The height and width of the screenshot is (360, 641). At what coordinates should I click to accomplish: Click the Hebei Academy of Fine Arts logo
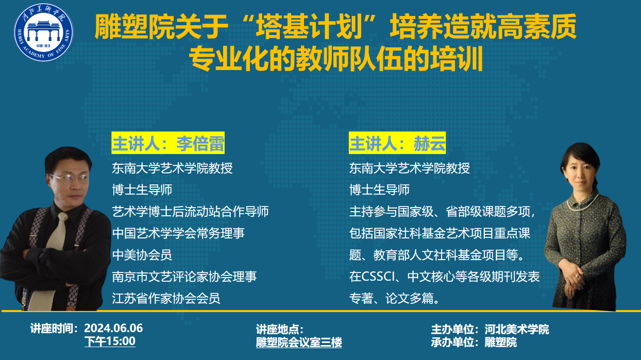click(x=43, y=32)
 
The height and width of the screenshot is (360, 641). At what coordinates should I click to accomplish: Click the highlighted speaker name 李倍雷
click(x=200, y=143)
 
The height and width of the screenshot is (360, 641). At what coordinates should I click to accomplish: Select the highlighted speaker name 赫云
click(x=430, y=143)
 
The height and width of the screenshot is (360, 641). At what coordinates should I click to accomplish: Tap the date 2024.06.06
click(x=113, y=328)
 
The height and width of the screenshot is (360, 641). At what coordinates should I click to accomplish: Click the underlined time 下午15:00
click(x=110, y=341)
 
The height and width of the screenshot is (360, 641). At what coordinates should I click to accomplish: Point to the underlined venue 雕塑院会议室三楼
click(x=299, y=342)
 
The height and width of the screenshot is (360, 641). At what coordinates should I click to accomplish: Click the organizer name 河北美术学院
click(x=517, y=330)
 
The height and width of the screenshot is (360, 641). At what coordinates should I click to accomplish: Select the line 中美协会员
click(x=142, y=255)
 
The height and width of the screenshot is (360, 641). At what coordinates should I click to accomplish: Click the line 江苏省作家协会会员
click(x=166, y=298)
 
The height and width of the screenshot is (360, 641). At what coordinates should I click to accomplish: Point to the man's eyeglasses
click(x=69, y=179)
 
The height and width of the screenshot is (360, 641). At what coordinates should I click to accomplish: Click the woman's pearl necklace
click(x=583, y=203)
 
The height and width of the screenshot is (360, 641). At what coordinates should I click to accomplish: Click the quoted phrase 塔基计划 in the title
click(x=309, y=27)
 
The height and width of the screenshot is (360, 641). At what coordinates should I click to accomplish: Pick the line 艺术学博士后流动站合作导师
click(x=190, y=211)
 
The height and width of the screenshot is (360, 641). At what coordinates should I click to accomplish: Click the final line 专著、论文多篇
click(x=394, y=298)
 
